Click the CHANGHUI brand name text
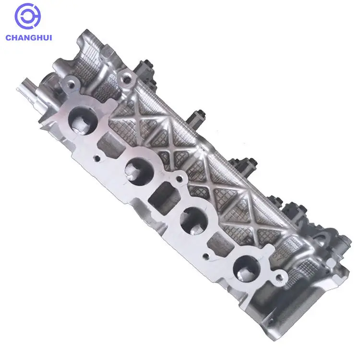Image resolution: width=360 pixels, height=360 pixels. click(30, 37)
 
